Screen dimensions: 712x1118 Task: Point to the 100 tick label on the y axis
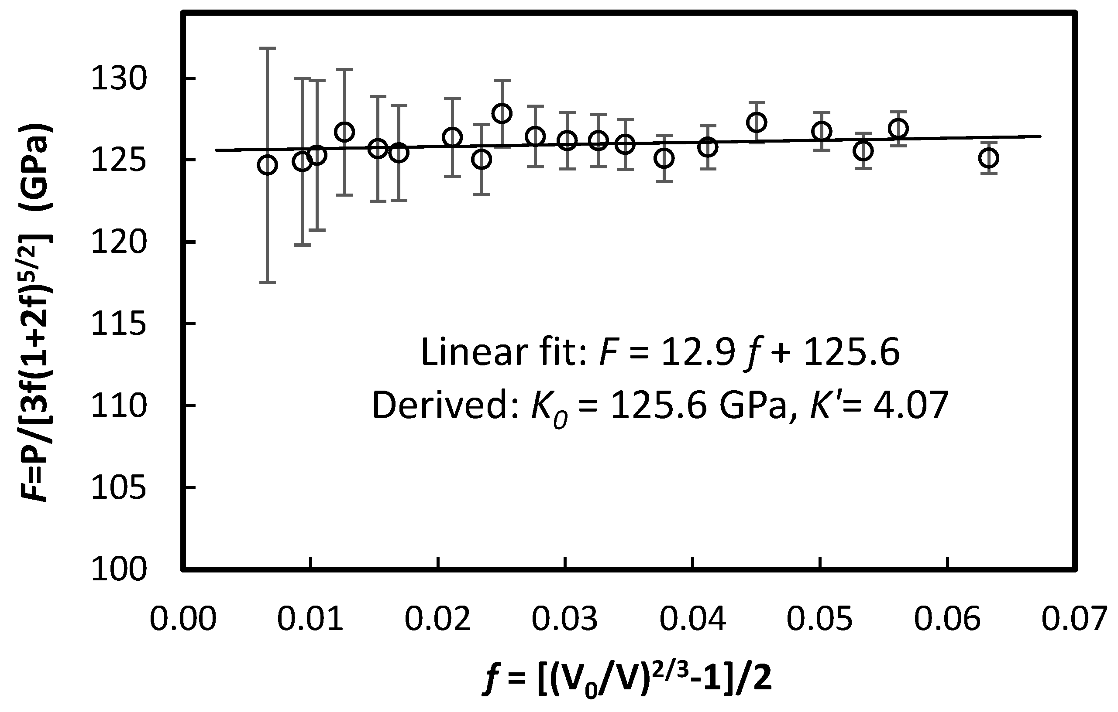(119, 570)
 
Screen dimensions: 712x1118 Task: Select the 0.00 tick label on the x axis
(183, 620)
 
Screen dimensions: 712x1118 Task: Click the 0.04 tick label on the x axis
(692, 620)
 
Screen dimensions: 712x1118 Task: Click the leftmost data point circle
(267, 165)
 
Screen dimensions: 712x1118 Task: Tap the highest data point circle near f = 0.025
(502, 113)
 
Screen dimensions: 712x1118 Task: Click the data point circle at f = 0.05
(821, 131)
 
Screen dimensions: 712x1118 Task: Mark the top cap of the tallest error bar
(267, 48)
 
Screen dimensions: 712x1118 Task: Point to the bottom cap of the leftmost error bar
(267, 282)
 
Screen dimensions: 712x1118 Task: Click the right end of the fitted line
(1040, 136)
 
